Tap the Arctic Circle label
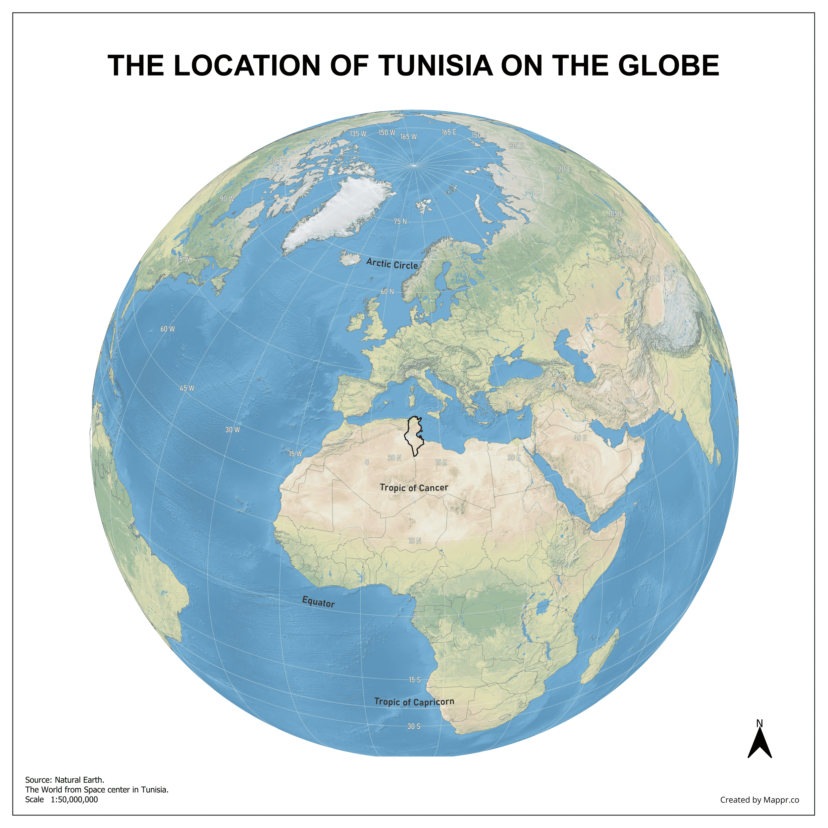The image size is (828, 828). coord(392,264)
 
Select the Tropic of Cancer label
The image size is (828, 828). coord(414,488)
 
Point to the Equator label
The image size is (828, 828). coord(318,602)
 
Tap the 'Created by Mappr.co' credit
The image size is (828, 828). coord(759,800)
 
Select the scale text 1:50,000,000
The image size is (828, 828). coord(74,799)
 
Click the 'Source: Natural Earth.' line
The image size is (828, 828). coord(65,780)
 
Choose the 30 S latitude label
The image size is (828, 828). coord(414,726)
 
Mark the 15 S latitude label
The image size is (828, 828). coord(414,680)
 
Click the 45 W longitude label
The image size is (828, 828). coord(187,388)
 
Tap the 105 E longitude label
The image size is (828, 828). coord(615,213)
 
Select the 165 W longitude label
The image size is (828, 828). coord(408,137)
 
